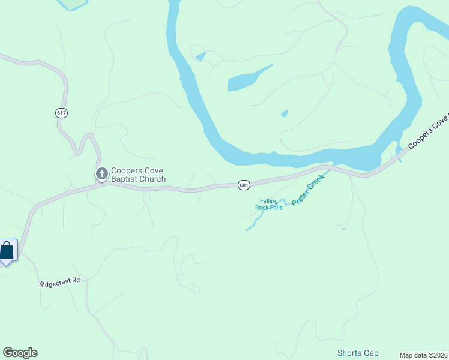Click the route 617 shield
point(62,113)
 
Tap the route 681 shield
point(243,185)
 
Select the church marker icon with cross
point(102,174)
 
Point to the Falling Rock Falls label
point(269,205)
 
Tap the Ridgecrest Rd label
point(60,282)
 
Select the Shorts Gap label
point(358,353)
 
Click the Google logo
point(20,353)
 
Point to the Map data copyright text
point(423,355)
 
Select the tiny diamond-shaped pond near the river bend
point(285,113)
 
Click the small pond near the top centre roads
point(201,56)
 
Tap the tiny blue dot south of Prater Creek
point(343,229)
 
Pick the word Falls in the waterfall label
point(276,208)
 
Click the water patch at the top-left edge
point(72,4)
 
